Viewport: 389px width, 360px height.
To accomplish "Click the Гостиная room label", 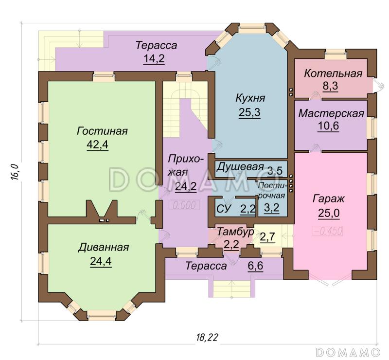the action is (x=102, y=131).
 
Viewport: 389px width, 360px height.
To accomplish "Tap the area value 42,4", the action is (x=98, y=144).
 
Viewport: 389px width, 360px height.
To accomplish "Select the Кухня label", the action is (x=250, y=98).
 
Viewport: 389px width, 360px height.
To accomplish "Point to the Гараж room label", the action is (x=329, y=199).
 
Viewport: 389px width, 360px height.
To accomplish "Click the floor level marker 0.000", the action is (x=184, y=205).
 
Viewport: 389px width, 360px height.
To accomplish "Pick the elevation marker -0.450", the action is (x=328, y=231).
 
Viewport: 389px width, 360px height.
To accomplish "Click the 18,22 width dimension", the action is (x=208, y=338).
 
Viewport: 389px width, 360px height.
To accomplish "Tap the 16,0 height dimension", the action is (x=15, y=171).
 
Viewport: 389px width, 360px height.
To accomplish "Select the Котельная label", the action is (x=333, y=73).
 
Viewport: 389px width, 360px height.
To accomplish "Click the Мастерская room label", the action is (x=331, y=113).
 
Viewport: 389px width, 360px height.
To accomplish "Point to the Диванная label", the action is (x=104, y=248).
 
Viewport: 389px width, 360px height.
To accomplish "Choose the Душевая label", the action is (x=240, y=167).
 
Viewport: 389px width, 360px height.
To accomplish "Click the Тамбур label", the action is (x=235, y=232).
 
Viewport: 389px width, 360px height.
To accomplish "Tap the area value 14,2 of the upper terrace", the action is (x=154, y=59).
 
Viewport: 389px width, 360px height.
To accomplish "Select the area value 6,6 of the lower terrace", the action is (x=255, y=266).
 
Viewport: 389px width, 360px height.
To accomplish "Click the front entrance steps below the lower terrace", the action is (x=232, y=289).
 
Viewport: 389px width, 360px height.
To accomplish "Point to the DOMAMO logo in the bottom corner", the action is (x=348, y=352).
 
